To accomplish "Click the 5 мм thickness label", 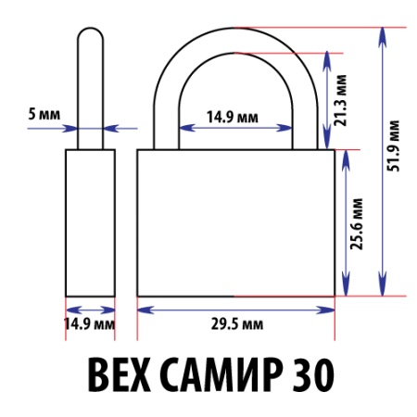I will point(44,114).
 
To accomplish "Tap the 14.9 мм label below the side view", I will point(89,324).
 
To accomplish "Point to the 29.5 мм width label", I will point(235,324).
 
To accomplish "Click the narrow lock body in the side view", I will point(90,222).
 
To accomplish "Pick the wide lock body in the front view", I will point(235,222).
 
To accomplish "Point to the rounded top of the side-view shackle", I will point(90,33).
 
